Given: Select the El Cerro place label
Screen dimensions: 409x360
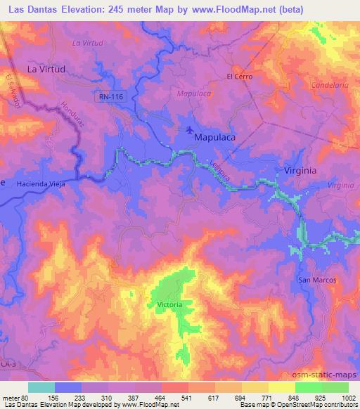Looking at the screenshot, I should pos(239,76).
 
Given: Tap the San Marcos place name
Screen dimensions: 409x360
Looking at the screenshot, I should pos(318,280).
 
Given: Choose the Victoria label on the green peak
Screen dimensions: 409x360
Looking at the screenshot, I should pos(169,305).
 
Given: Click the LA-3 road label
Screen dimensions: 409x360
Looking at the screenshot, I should pos(7,364).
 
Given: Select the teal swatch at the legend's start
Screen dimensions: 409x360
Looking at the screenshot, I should pos(41,387).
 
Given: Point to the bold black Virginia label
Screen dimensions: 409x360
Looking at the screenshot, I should pos(300,171).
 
